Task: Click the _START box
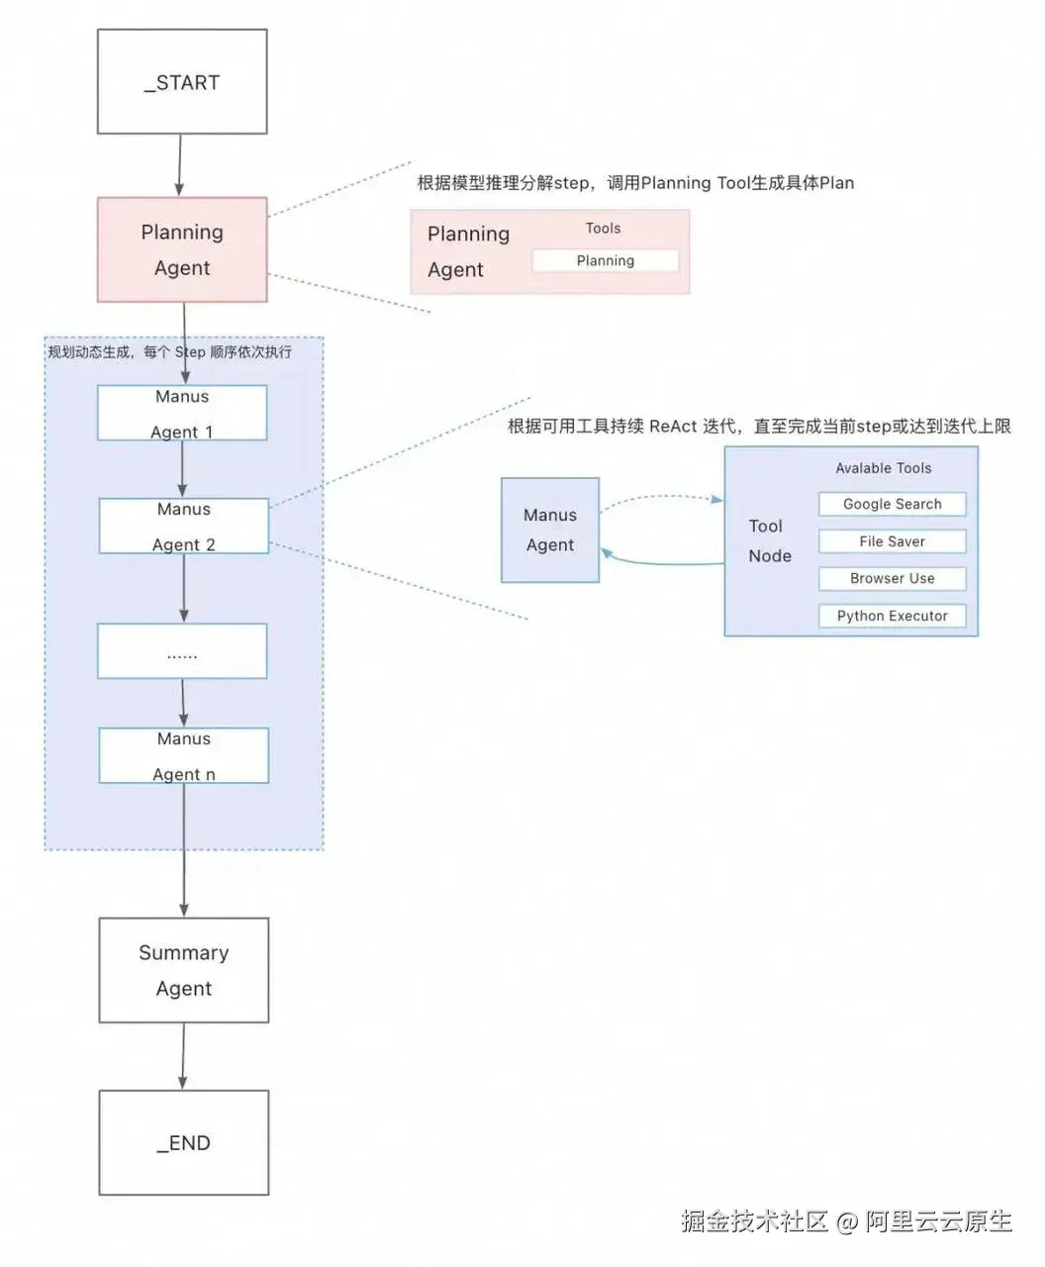182,81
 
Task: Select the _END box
183,1142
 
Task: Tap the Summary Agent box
183,970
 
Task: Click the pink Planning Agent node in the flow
182,249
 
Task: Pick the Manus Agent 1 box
182,413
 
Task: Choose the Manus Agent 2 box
183,526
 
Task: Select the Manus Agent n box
183,755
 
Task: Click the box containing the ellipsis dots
182,651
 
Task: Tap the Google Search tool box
892,504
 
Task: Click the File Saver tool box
892,541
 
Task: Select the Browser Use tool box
892,578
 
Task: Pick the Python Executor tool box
892,616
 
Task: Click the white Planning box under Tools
605,260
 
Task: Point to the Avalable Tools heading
883,468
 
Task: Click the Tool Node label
769,540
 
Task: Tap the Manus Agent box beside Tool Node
549,530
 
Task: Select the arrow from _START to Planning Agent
180,165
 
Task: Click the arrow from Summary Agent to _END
183,1056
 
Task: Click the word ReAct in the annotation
673,427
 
